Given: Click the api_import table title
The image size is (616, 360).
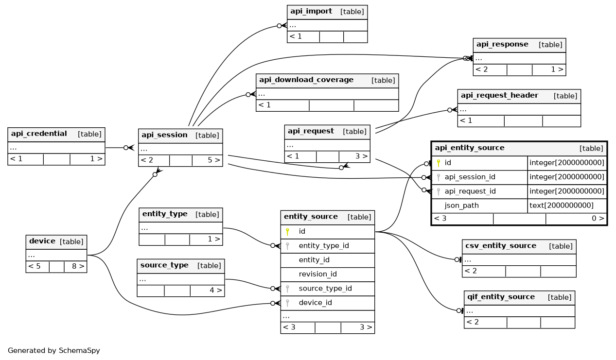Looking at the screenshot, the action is (x=311, y=11).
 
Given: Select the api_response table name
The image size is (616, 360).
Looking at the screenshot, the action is (x=502, y=44).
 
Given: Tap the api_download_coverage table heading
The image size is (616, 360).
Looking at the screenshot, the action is (x=306, y=80).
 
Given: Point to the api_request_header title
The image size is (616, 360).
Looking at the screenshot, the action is (x=499, y=95).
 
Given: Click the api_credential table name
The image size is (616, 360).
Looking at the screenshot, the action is (x=39, y=134).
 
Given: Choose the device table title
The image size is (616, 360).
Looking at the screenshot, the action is (x=42, y=241).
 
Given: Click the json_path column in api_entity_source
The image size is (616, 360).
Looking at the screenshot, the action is (x=461, y=206).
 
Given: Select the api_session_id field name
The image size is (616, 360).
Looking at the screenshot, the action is (x=470, y=177).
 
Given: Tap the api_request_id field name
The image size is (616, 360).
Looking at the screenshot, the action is (x=470, y=191).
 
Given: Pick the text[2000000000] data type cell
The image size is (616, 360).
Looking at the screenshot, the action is (x=561, y=206).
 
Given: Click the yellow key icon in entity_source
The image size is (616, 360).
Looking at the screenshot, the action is (x=287, y=232).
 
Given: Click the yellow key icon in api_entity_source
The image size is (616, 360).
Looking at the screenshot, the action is (x=439, y=163).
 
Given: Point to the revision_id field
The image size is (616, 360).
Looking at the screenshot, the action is (x=317, y=274).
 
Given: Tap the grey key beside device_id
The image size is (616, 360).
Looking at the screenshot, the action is (x=287, y=303).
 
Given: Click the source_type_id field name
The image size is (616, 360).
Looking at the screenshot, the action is (x=325, y=288).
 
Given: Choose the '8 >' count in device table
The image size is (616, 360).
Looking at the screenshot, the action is (x=78, y=266).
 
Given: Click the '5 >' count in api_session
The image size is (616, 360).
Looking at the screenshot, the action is (x=214, y=160).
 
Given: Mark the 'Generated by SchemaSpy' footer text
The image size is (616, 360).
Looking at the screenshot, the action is (x=54, y=351).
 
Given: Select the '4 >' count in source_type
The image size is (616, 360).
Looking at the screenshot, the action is (x=216, y=291).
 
